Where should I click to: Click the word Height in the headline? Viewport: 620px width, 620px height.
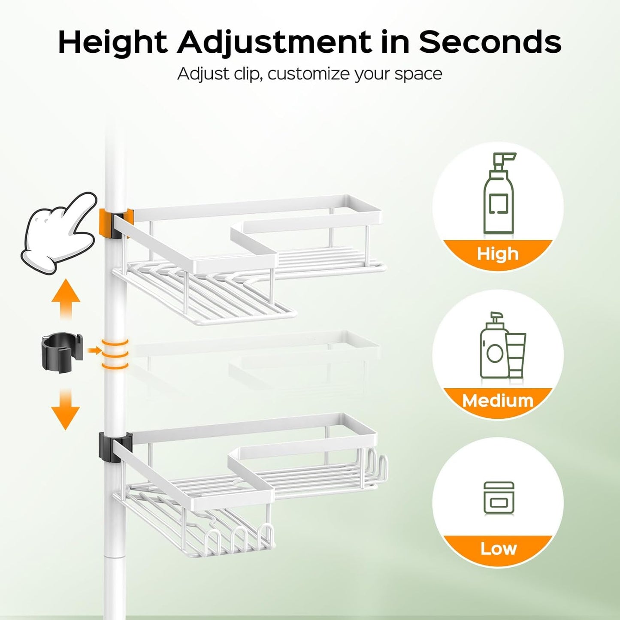point(112,43)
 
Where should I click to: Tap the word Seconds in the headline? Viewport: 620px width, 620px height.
point(490,42)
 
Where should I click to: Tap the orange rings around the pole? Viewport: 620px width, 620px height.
point(115,354)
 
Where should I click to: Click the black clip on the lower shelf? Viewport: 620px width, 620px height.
point(107,448)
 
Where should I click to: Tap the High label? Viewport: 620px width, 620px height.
point(498,254)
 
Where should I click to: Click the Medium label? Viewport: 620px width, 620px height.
point(498,401)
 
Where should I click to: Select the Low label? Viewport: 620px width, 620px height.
point(498,548)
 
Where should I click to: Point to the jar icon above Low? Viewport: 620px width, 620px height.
point(499,498)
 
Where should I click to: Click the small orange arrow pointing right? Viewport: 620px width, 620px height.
point(94,351)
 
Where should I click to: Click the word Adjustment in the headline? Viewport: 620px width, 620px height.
point(275,43)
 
